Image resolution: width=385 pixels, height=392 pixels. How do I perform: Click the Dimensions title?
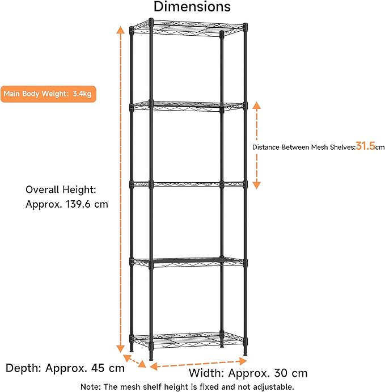[x=192, y=7]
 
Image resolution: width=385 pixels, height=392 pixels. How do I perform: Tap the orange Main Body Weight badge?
[x=48, y=94]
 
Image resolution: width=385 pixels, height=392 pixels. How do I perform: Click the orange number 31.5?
[x=366, y=146]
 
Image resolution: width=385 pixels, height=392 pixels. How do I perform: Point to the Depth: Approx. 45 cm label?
[x=65, y=368]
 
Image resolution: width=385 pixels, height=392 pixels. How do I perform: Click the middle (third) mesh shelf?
[x=187, y=184]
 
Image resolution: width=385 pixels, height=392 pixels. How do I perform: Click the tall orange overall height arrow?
[x=120, y=187]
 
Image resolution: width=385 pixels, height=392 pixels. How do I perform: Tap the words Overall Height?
[x=61, y=189]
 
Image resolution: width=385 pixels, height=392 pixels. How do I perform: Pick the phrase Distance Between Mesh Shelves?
[x=303, y=147]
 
